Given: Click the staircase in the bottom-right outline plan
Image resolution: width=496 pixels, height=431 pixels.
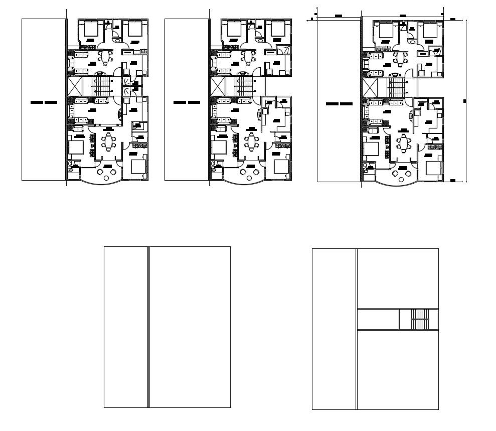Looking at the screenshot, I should point(420,320).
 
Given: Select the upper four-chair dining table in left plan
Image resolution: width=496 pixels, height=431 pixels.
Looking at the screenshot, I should point(105,57).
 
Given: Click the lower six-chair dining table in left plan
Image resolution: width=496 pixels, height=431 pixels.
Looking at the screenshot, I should point(108,142).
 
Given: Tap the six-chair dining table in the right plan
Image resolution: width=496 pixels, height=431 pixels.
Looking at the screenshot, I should point(404,142).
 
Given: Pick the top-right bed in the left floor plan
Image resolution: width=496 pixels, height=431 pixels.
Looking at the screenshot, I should point(135,29).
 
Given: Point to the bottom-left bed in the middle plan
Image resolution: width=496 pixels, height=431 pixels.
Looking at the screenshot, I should point(219,147).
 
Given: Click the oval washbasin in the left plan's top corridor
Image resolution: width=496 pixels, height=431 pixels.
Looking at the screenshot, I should point(118,43).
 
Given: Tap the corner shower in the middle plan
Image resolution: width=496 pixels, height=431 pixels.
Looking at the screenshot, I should point(285,50).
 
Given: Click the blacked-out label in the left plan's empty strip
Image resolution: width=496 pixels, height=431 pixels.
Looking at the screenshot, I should point(44,102).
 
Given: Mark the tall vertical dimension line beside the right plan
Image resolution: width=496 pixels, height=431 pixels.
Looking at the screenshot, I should point(466,100).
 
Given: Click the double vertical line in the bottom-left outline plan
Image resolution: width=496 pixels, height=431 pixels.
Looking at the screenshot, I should point(149,327).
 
